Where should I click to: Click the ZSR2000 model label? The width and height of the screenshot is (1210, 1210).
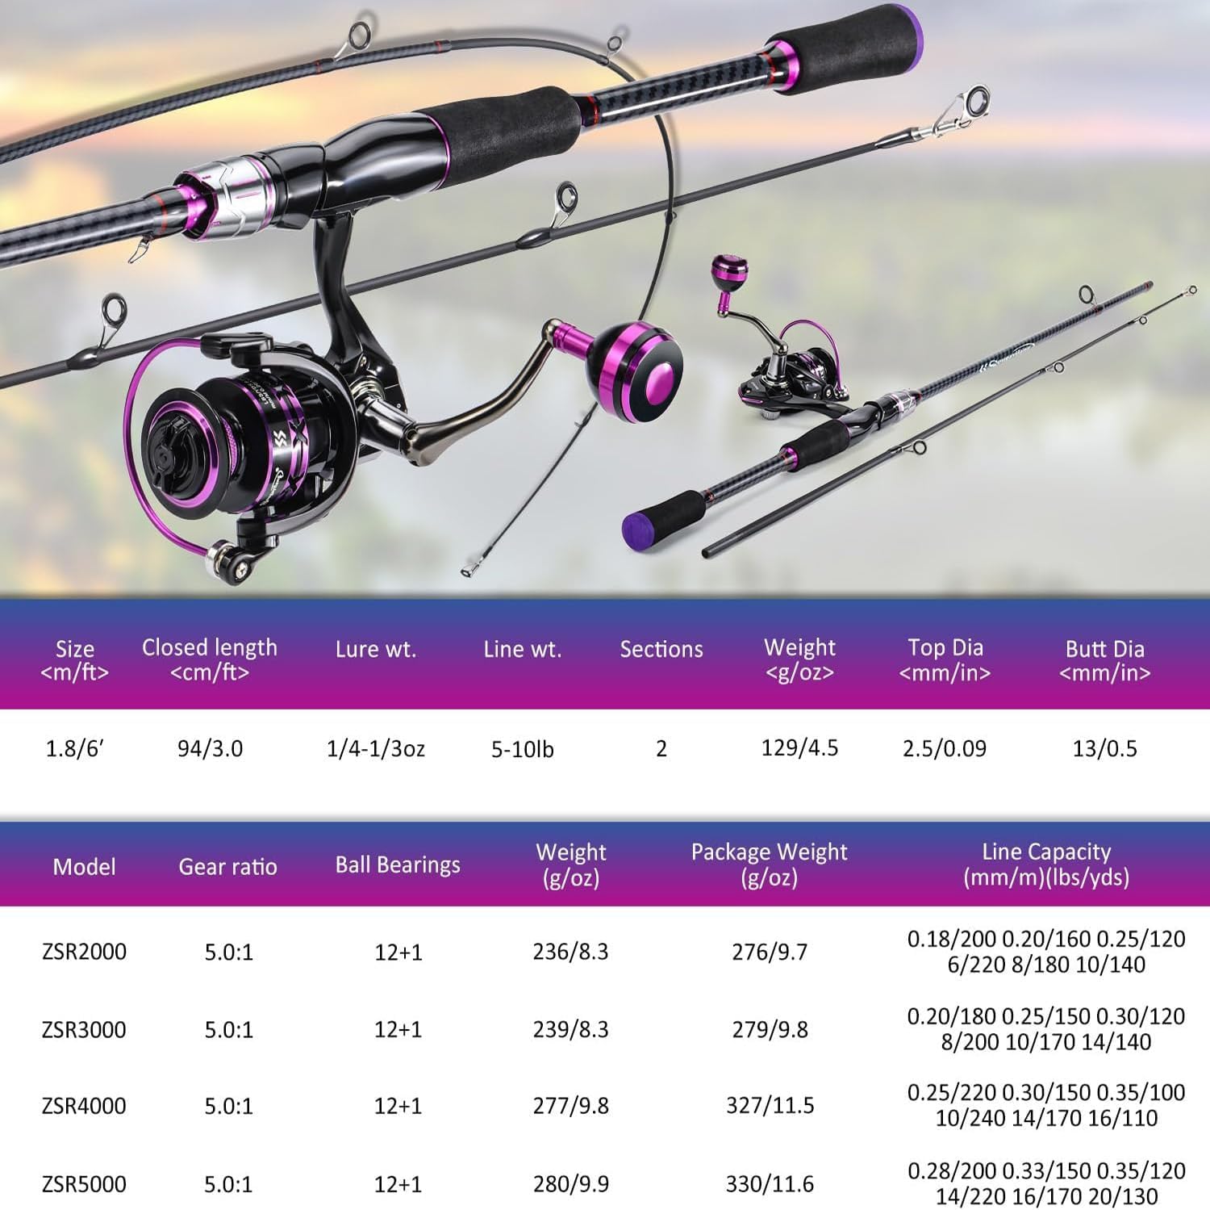84,951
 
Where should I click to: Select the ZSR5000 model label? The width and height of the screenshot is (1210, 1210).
84,1183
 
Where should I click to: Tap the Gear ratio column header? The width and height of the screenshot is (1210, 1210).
227,866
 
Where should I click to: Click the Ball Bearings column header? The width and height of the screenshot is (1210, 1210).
398,865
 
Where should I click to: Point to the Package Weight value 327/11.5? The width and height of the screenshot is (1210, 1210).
770,1105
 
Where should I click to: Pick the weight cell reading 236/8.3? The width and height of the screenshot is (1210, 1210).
570,951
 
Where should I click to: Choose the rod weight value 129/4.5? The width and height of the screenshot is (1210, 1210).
799,747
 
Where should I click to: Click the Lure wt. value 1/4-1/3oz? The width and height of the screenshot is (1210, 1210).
375,748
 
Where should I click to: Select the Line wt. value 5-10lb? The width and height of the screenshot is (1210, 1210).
523,749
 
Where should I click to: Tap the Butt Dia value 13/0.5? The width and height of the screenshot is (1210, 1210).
1104,748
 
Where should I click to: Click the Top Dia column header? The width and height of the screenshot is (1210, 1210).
945,659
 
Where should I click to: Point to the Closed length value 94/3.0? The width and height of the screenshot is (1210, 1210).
210,748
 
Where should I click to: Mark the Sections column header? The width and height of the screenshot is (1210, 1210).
661,649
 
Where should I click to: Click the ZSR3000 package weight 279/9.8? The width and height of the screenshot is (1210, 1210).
770,1029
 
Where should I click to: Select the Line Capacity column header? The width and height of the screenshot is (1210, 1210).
1046,864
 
